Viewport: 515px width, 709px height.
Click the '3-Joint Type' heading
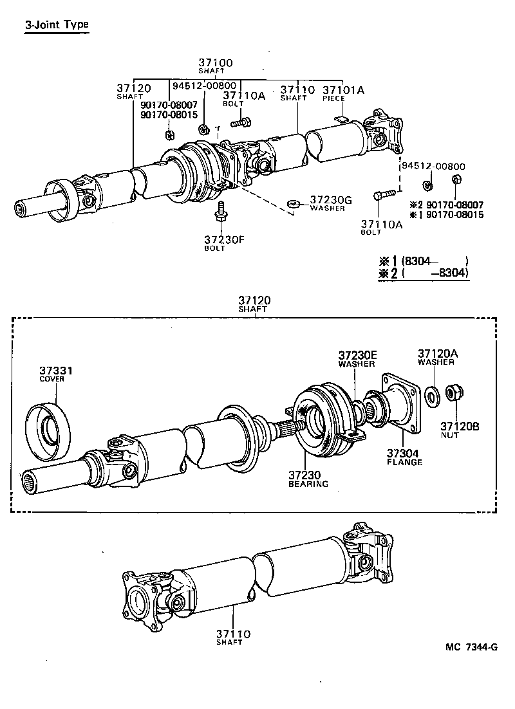[56, 25]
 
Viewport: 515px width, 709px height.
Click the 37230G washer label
[330, 203]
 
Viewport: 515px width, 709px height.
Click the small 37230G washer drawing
[293, 205]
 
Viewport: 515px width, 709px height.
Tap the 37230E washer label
[357, 358]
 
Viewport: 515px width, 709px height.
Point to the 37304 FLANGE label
[404, 457]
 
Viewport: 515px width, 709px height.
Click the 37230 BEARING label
[308, 479]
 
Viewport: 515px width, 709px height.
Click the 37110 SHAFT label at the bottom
[232, 637]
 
